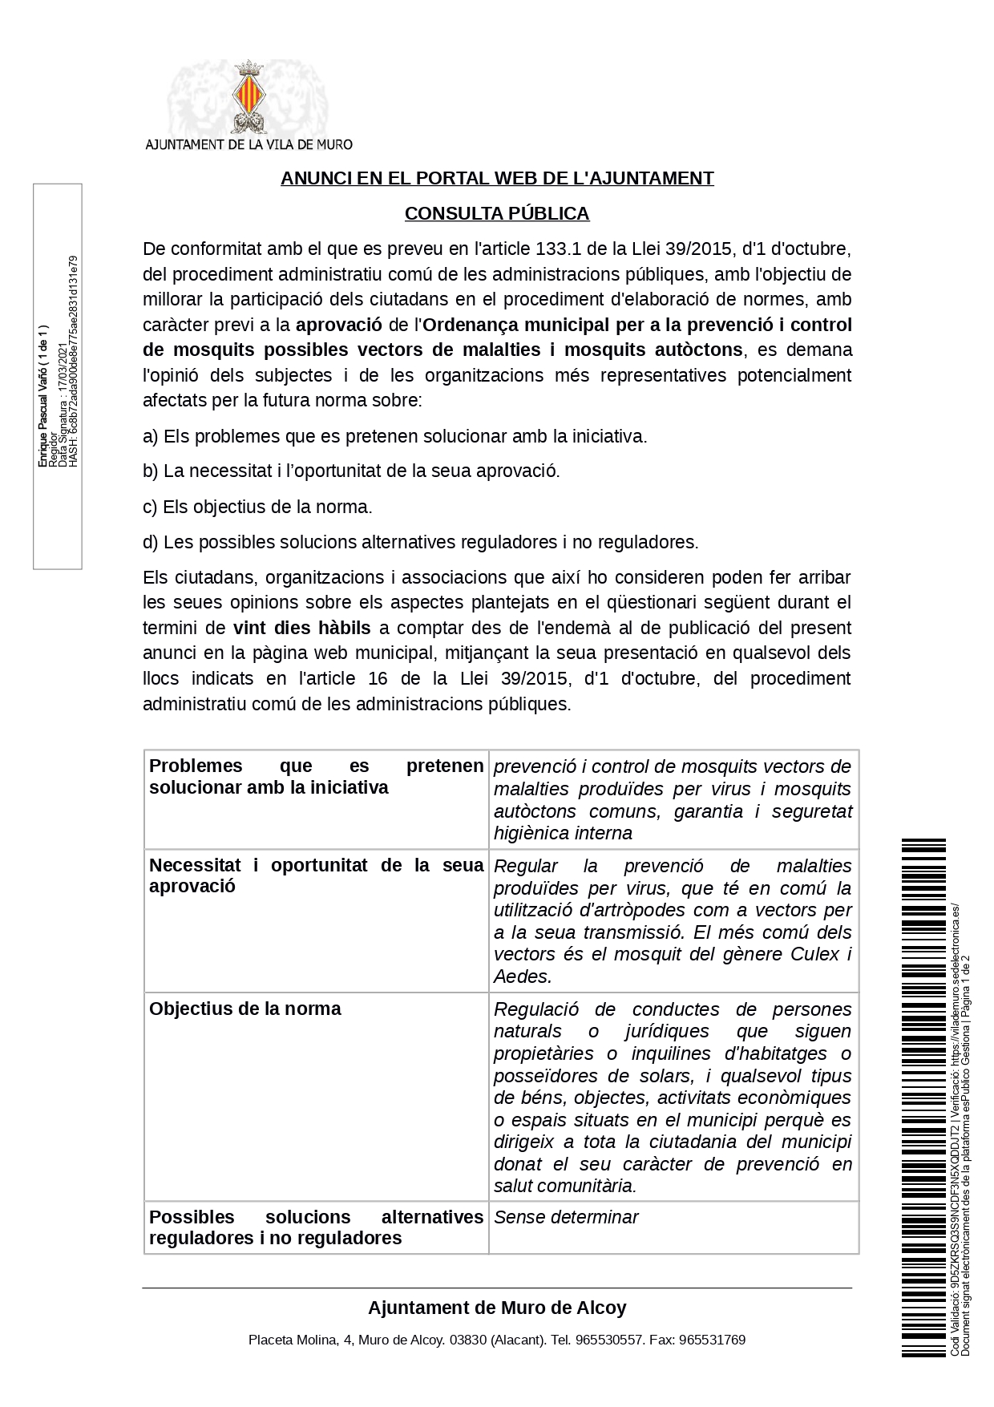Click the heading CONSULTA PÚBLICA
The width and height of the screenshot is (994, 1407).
pos(497,213)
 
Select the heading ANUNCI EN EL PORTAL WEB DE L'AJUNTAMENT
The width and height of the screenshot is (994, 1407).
pos(497,178)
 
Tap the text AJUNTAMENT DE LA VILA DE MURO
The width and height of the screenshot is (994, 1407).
pos(248,144)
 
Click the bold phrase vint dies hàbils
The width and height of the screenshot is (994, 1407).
pos(302,628)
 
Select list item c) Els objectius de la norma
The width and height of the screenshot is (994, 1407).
pos(257,507)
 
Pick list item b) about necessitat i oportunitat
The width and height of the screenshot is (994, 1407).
pos(351,471)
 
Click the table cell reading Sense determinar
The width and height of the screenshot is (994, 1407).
pos(566,1217)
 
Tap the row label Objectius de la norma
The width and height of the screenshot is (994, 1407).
pos(245,1009)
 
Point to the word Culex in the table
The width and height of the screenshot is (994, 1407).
pos(816,954)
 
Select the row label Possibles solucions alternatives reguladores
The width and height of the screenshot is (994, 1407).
pos(316,1227)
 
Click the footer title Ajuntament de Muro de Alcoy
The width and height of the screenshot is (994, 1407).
pos(497,1308)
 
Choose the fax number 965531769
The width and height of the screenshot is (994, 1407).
pos(712,1340)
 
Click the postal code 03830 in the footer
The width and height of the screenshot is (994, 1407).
pos(468,1340)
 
